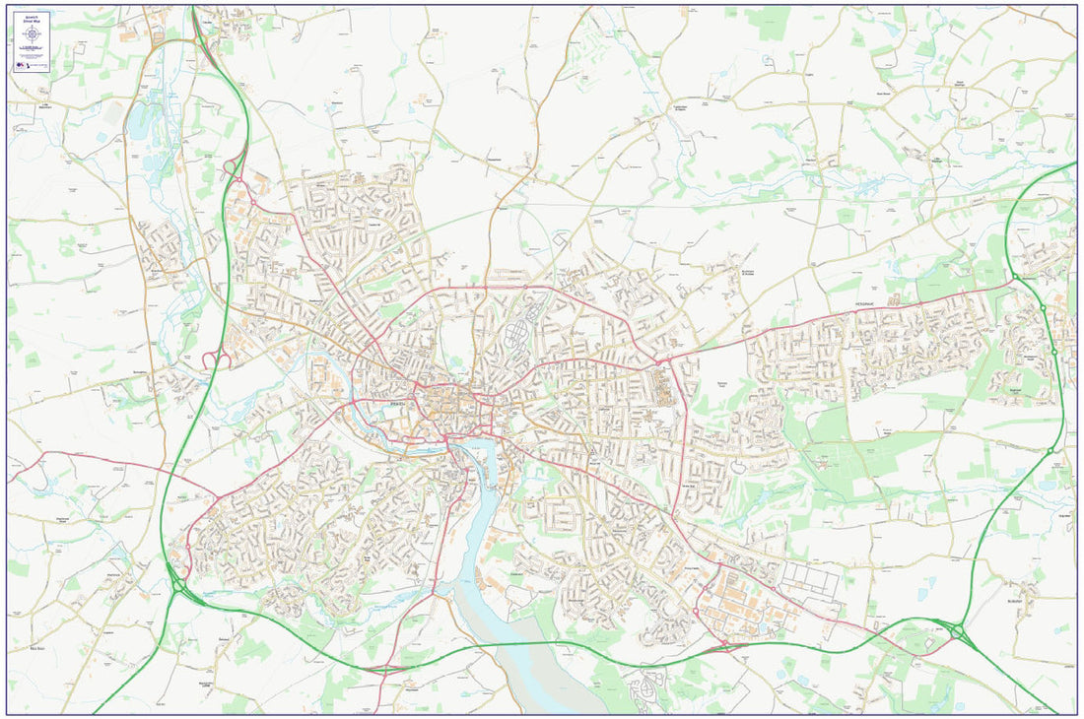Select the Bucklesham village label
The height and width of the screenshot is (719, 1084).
pyautogui.click(x=1015, y=601)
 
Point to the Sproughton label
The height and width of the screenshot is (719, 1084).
pyautogui.click(x=139, y=373)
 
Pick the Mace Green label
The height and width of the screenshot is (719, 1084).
pyautogui.click(x=38, y=649)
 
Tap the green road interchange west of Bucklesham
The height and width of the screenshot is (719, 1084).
pyautogui.click(x=957, y=630)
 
